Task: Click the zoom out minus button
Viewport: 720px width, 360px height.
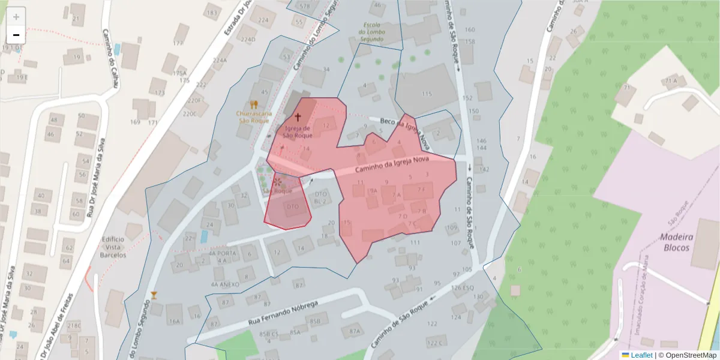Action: tap(16, 34)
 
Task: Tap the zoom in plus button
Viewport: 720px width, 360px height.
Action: tap(16, 17)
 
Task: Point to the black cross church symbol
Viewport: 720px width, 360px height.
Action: tap(298, 117)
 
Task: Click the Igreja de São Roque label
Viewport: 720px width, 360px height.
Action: tap(298, 131)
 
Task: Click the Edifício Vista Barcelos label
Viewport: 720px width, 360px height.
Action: tap(113, 247)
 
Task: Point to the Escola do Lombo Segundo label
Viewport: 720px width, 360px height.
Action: tap(371, 32)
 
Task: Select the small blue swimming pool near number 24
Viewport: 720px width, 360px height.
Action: tap(203, 236)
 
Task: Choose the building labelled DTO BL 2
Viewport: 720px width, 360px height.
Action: tap(320, 197)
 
